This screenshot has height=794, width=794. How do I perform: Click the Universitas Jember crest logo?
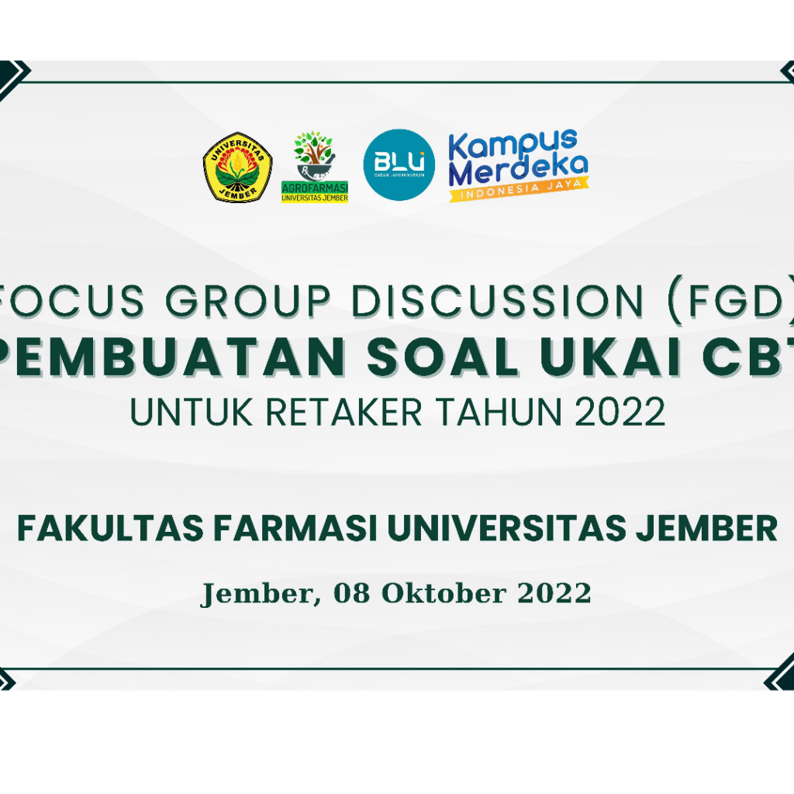pos(237,167)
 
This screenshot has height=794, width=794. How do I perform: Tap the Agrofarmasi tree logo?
pos(314,167)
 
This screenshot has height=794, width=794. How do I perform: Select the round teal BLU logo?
pos(399,165)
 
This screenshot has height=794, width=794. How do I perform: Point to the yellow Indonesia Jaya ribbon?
pos(519,191)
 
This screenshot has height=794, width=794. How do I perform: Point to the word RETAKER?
pos(344,413)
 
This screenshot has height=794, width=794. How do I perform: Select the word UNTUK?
pos(192,413)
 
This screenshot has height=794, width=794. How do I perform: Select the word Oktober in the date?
pos(444,594)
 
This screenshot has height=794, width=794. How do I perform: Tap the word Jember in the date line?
pos(258,594)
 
